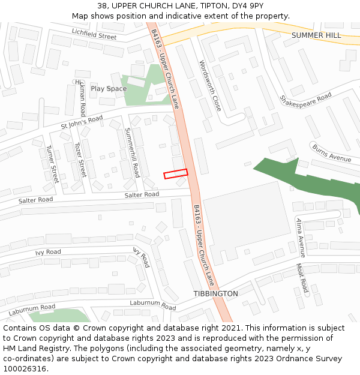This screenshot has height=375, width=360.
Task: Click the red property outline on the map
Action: [x=176, y=173]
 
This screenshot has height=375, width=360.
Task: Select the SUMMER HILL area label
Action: [x=316, y=35]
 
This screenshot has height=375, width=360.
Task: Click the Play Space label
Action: [x=109, y=89]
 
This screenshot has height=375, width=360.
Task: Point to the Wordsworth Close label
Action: [x=210, y=85]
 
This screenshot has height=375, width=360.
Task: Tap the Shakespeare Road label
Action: [x=305, y=98]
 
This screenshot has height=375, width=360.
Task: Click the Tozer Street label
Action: [x=80, y=160]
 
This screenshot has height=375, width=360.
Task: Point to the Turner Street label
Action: [x=53, y=164]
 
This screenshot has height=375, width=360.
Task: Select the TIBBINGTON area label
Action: [x=215, y=294]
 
